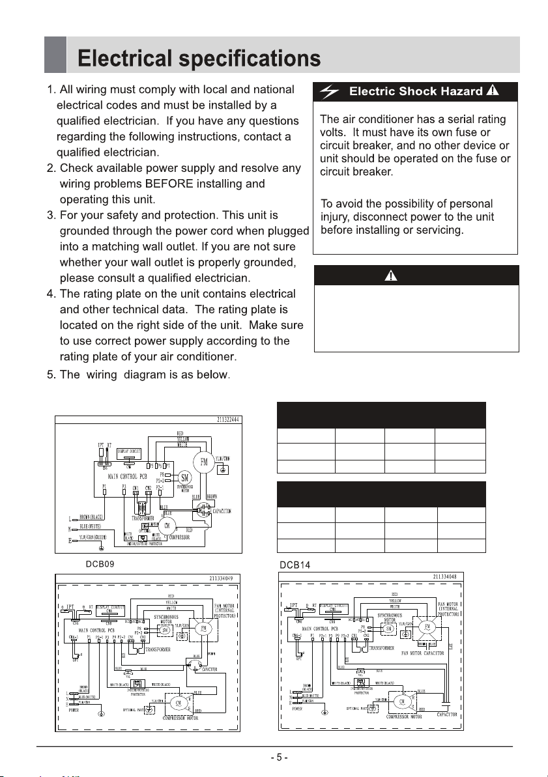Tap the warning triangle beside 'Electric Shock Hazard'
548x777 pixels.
point(493,91)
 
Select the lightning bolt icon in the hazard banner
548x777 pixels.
point(330,92)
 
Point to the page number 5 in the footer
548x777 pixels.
point(278,758)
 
